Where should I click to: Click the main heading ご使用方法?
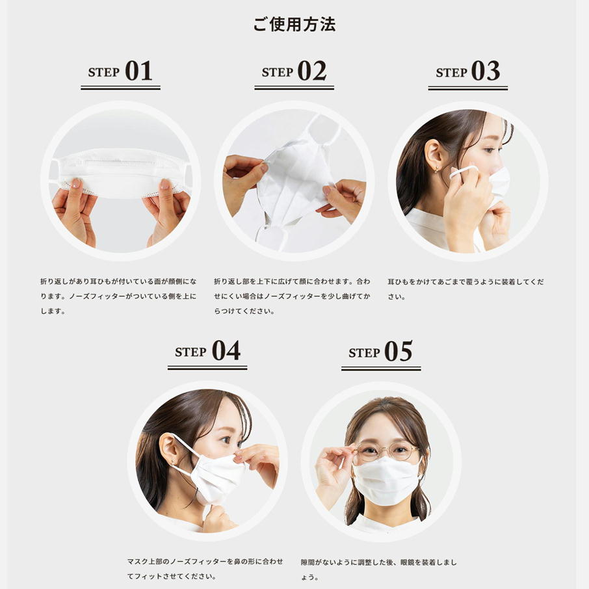point(294,24)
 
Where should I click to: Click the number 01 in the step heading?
point(138,71)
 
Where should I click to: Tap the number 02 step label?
point(312,71)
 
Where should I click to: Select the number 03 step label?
point(486,71)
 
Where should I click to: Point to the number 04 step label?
point(226,350)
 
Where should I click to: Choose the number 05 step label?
point(399,351)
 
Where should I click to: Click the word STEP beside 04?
point(190,352)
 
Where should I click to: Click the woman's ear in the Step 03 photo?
point(436,155)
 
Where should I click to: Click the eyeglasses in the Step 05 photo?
point(387,451)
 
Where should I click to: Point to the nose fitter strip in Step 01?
point(120,162)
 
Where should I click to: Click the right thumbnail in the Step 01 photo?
point(164,184)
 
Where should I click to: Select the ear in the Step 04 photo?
point(168,451)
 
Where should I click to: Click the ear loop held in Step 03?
point(464,172)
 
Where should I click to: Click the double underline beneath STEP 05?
point(381,369)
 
